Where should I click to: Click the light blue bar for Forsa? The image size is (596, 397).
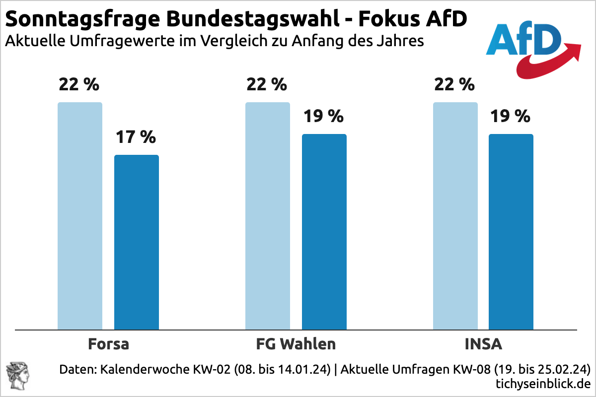(80, 216)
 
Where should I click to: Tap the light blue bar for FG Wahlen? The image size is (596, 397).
(268, 216)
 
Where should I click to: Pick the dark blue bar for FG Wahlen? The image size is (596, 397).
(324, 232)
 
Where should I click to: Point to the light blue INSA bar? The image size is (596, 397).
(455, 216)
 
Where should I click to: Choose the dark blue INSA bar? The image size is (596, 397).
(511, 232)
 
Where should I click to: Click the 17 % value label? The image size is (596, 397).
(136, 137)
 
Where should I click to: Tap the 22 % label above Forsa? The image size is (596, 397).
(79, 84)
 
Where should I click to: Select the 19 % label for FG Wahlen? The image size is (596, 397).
(324, 116)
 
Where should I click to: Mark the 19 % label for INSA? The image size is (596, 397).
(511, 116)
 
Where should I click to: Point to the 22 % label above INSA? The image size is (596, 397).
(454, 84)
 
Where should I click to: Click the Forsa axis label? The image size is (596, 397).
(108, 344)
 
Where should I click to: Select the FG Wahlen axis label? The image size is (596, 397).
(296, 344)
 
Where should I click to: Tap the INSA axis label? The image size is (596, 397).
(483, 344)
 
